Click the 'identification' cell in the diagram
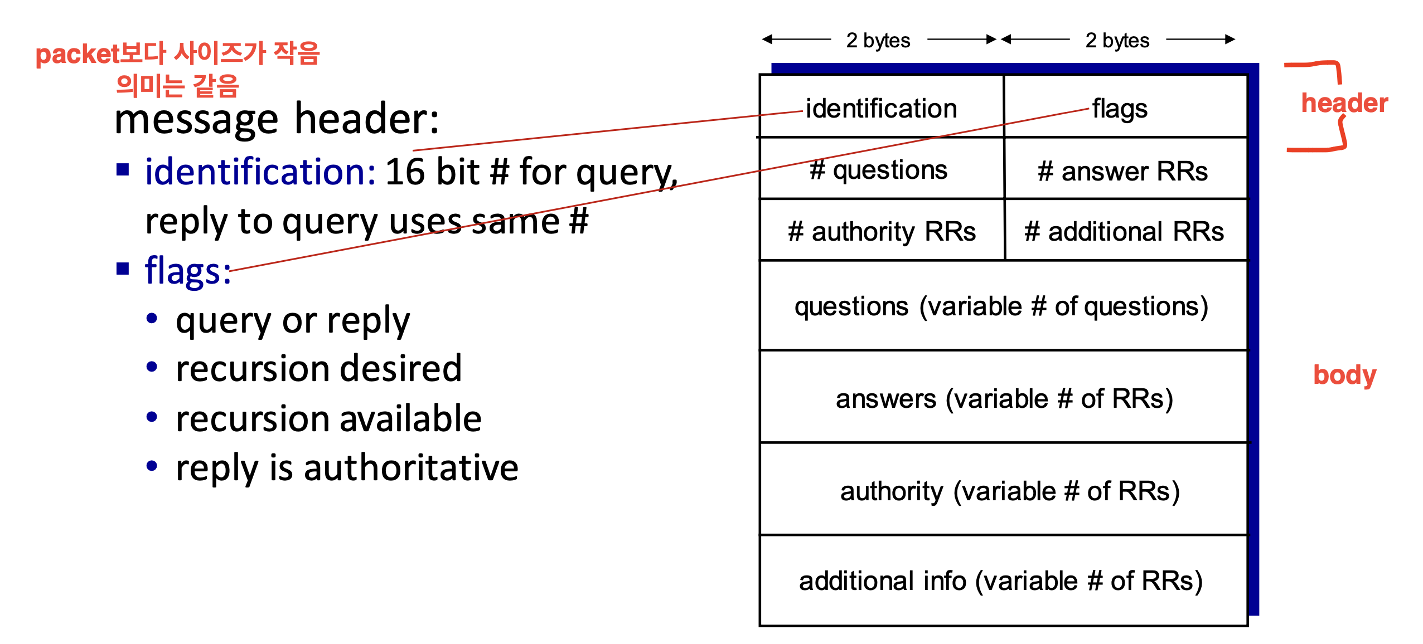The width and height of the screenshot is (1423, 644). click(x=882, y=106)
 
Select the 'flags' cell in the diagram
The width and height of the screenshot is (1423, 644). click(x=1125, y=106)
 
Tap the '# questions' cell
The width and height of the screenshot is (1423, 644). click(x=882, y=168)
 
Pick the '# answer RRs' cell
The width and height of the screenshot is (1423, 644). click(x=1125, y=168)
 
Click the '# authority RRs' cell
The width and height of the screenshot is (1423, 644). click(x=882, y=230)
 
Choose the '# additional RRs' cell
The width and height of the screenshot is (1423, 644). click(x=1125, y=230)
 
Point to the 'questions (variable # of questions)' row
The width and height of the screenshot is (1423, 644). click(x=1003, y=305)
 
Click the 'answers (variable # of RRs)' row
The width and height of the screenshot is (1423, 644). click(x=1003, y=397)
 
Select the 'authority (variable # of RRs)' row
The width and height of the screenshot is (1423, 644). click(x=1003, y=489)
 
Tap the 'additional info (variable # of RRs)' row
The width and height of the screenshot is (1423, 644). click(x=1003, y=580)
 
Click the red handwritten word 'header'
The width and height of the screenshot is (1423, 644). click(x=1344, y=103)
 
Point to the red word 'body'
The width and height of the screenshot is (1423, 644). click(x=1344, y=375)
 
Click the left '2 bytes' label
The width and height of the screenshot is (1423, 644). click(x=878, y=40)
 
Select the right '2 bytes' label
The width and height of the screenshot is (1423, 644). click(x=1117, y=40)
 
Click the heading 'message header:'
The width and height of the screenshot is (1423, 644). click(x=277, y=119)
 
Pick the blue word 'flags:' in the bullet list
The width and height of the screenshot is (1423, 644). click(x=188, y=270)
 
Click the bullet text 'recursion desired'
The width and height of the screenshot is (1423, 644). click(x=318, y=369)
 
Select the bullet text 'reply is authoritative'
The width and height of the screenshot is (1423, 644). click(x=347, y=468)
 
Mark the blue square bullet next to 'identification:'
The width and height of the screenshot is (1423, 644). click(x=123, y=169)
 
